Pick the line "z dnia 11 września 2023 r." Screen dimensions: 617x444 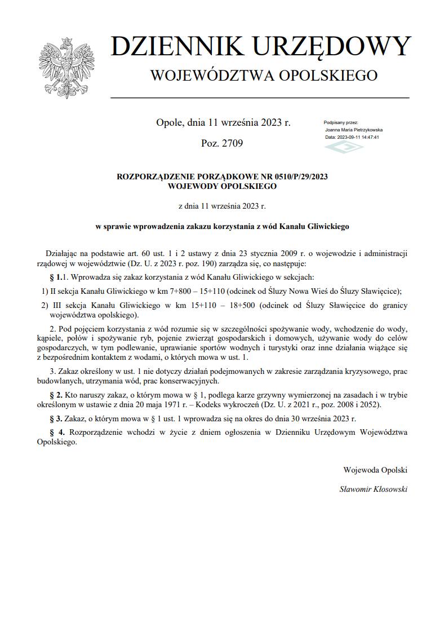point(221,206)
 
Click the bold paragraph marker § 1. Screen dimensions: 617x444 point(55,277)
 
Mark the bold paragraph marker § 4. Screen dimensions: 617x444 point(55,432)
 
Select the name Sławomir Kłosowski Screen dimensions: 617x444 point(373,489)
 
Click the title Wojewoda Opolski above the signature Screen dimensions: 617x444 point(375,469)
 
